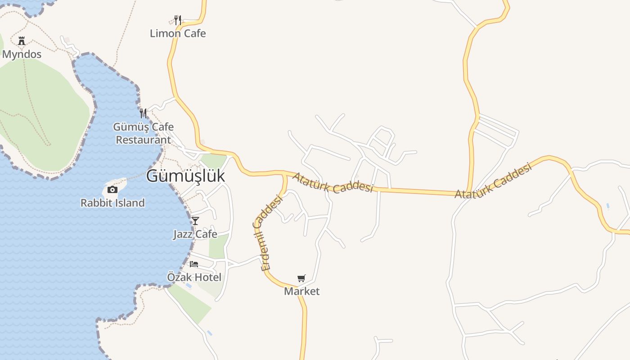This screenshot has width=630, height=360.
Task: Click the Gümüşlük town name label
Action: (x=185, y=176)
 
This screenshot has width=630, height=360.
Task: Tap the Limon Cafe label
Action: (x=178, y=33)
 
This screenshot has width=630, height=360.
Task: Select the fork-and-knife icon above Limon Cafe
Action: (x=178, y=20)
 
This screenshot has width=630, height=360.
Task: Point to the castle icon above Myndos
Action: (x=22, y=41)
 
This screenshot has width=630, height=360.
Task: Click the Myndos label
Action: (x=22, y=54)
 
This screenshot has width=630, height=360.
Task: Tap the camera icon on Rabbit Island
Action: (x=112, y=190)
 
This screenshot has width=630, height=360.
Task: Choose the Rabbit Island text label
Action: (x=112, y=203)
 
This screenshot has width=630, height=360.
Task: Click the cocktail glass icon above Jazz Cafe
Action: (x=195, y=220)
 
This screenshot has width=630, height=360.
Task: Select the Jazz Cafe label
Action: (x=195, y=234)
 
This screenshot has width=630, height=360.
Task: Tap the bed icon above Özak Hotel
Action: (x=194, y=264)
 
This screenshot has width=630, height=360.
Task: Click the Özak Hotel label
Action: (x=194, y=277)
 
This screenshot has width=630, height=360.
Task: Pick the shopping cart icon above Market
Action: (x=301, y=278)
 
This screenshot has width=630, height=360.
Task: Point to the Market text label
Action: (x=301, y=291)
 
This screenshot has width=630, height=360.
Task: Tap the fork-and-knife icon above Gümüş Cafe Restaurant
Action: (x=143, y=113)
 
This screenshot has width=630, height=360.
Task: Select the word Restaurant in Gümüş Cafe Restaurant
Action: (x=143, y=139)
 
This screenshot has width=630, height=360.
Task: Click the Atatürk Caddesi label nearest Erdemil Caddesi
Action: (x=333, y=182)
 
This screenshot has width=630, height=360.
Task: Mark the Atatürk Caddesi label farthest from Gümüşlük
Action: (x=493, y=181)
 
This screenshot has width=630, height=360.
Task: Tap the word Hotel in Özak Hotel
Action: (x=208, y=277)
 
